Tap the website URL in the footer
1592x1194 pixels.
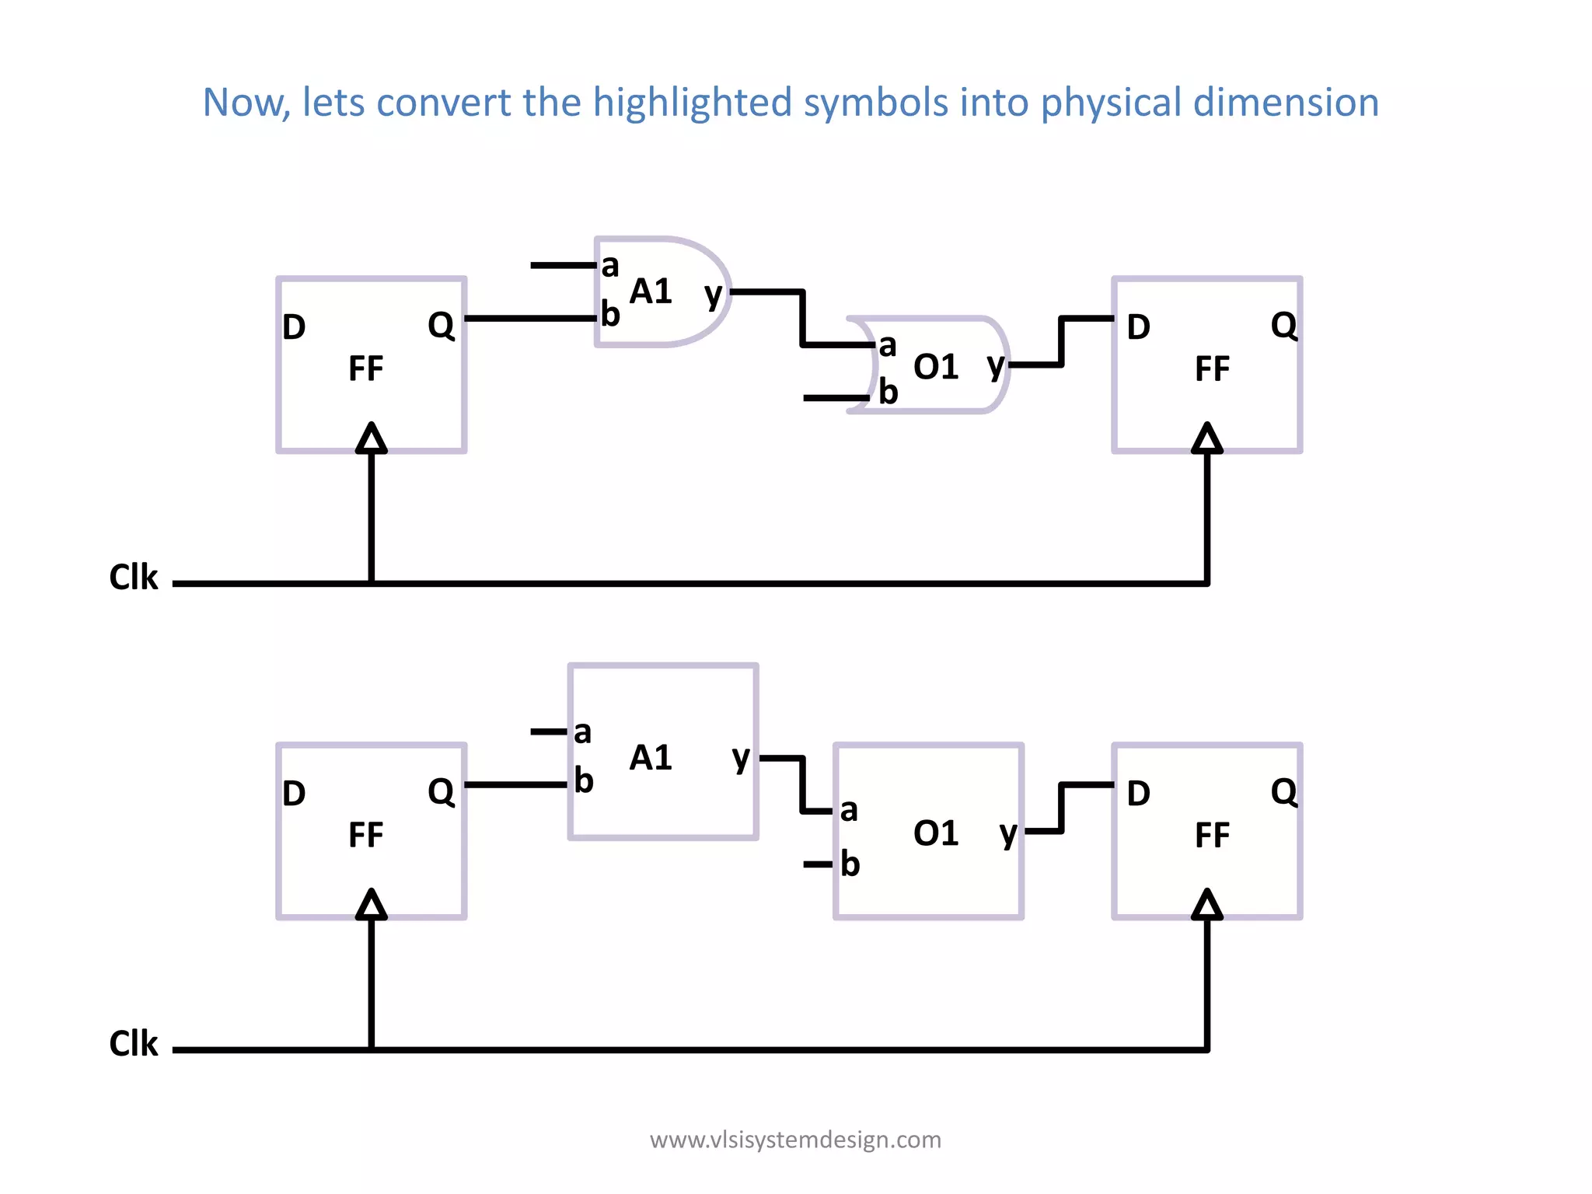coord(795,1140)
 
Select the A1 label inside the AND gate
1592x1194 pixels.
coord(651,292)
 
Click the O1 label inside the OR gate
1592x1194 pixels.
coord(936,367)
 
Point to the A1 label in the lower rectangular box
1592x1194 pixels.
coord(651,758)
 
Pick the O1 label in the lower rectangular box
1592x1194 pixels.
coord(936,833)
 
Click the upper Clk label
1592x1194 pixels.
coord(134,578)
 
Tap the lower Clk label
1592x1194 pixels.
coord(134,1044)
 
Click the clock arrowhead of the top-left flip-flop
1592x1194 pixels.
coord(372,438)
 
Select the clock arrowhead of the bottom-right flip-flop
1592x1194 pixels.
coord(1207,905)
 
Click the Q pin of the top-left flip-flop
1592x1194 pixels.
coord(441,325)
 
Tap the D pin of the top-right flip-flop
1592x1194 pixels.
coord(1138,327)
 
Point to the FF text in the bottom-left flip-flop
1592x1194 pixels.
coord(365,836)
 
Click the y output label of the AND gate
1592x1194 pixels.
coord(713,295)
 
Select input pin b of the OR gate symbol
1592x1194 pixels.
coord(888,392)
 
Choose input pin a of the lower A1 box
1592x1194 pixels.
coord(582,732)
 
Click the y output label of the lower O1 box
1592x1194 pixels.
coord(1008,834)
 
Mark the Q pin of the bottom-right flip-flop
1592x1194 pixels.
coord(1284,792)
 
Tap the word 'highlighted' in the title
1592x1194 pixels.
coord(692,103)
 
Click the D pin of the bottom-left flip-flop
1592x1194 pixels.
coord(294,794)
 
